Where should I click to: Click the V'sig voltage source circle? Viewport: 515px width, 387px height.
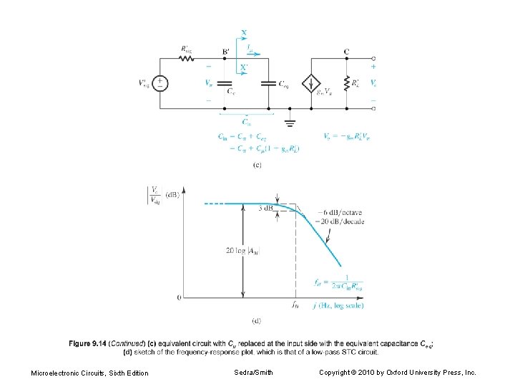pos(162,83)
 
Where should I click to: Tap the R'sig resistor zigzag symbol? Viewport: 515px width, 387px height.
pos(187,58)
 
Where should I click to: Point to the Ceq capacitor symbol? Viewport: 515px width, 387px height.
pos(269,83)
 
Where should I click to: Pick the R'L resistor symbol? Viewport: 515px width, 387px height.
pos(345,83)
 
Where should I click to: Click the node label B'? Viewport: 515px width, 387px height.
pos(225,51)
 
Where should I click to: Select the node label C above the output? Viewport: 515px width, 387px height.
pos(346,51)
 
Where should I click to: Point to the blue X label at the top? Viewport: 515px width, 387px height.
pos(245,33)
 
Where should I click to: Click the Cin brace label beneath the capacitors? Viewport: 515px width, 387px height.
pos(246,121)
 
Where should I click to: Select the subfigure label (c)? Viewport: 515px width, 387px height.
pos(257,165)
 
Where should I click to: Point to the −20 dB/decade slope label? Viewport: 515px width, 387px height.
pos(343,221)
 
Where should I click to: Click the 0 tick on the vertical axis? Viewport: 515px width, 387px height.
pos(178,297)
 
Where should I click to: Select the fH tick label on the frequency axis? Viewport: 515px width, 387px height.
pos(295,305)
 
